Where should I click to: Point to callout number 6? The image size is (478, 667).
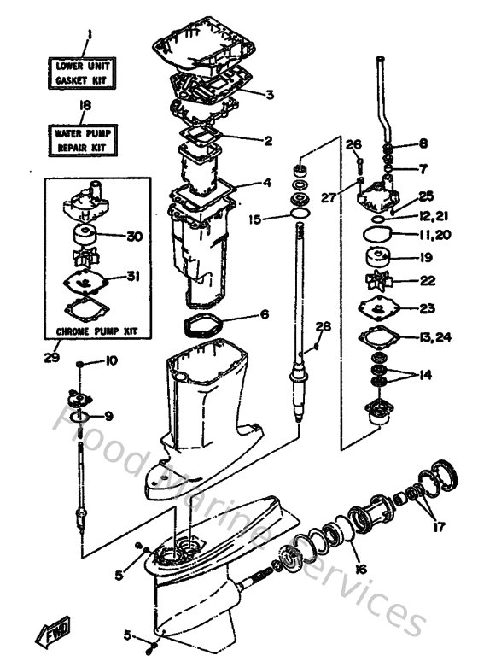(264, 315)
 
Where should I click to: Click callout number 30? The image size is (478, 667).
(134, 236)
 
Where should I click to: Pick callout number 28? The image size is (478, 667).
(323, 326)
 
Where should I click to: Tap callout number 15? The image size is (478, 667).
(255, 219)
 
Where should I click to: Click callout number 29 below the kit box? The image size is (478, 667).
(52, 357)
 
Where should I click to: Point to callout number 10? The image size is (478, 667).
(111, 361)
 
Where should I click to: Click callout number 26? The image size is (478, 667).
(355, 144)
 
